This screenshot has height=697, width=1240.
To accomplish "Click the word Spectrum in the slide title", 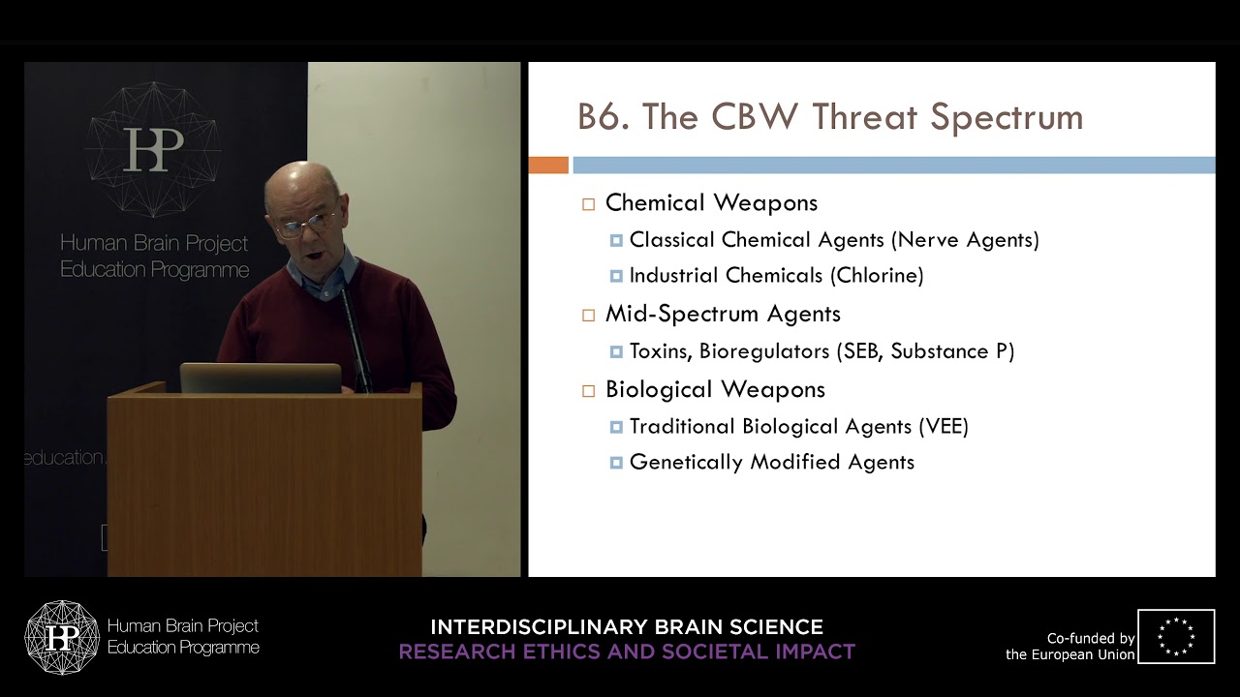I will click(1006, 117).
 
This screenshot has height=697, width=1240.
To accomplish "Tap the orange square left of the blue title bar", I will click(548, 166).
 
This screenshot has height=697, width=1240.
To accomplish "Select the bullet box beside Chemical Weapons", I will click(588, 204).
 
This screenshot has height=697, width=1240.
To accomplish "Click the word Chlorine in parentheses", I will click(877, 276).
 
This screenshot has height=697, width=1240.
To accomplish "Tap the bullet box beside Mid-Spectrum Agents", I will click(588, 315).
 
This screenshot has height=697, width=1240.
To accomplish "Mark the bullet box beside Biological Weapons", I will click(588, 391).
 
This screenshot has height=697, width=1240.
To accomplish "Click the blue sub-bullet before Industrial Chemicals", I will click(616, 277).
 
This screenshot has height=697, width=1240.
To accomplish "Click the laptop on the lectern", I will click(261, 378).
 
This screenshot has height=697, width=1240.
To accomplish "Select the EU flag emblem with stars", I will click(1176, 636).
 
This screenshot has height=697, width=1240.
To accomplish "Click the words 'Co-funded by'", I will click(1091, 639).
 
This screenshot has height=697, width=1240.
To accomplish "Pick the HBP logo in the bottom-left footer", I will click(62, 637).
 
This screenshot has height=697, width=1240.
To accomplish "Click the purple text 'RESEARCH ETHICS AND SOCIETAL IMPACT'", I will click(627, 652).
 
